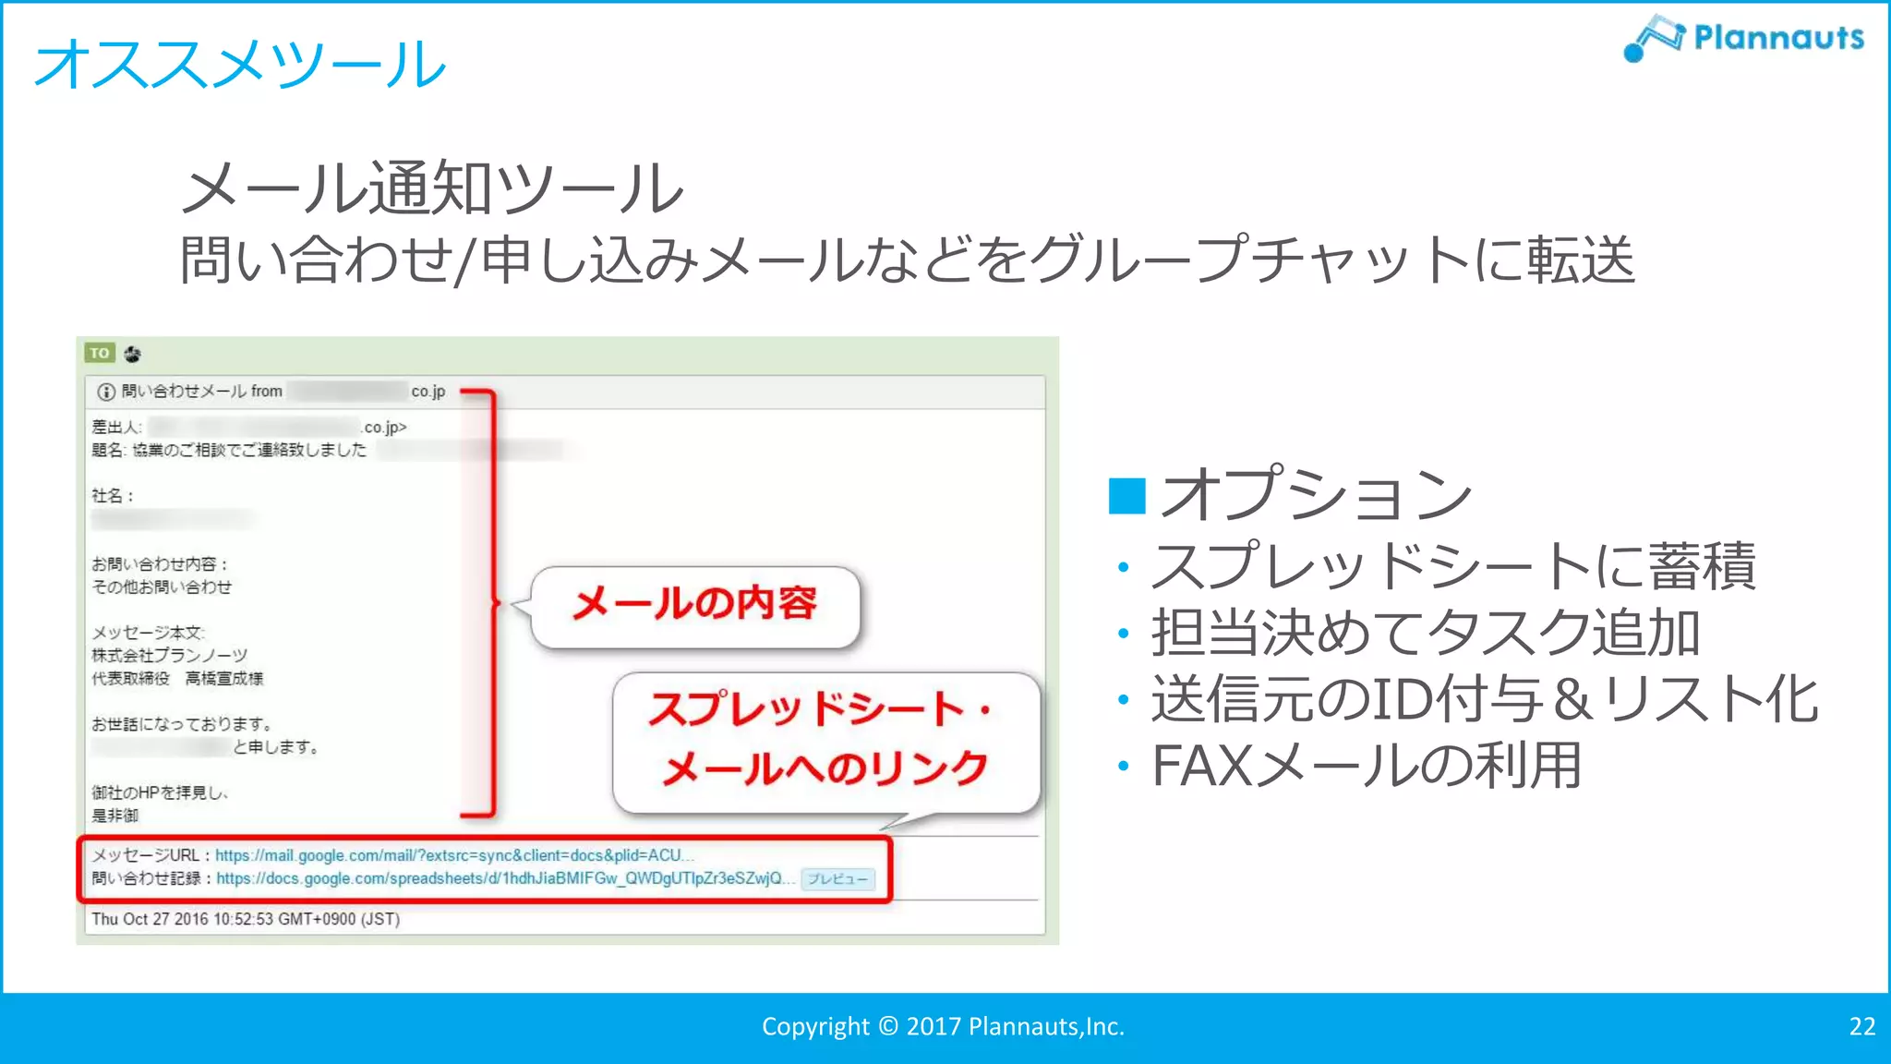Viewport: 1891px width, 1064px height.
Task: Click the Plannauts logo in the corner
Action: [1743, 38]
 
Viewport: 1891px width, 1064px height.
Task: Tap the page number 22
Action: [1861, 1026]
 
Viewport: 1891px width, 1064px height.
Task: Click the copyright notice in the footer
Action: [943, 1026]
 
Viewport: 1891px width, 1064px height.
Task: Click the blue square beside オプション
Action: [1126, 496]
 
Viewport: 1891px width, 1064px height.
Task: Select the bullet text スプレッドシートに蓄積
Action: [1453, 565]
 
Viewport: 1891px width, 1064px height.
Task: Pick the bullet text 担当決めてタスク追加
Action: [1426, 634]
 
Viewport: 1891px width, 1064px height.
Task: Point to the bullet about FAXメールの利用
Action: [1367, 766]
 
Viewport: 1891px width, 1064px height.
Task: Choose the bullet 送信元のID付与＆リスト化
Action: [1485, 699]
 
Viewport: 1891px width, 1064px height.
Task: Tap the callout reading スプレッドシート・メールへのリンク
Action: [822, 739]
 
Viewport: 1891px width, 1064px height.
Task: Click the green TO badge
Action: [100, 353]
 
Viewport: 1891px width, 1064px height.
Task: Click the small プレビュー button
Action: [837, 879]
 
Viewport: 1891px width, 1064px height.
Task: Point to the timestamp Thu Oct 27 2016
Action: [246, 919]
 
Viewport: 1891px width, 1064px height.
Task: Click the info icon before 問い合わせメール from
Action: [106, 392]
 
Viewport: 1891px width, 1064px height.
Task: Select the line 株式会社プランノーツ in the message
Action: [169, 656]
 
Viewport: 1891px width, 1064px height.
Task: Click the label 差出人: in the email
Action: [116, 428]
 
